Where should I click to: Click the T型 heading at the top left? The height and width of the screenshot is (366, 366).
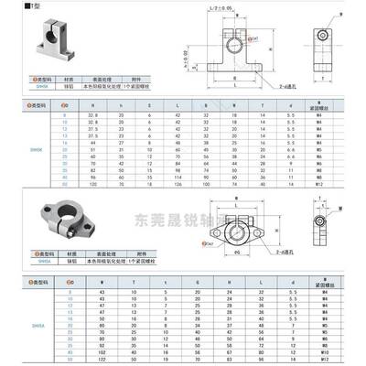14,6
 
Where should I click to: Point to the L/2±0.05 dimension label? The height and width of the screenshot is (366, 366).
216,7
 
